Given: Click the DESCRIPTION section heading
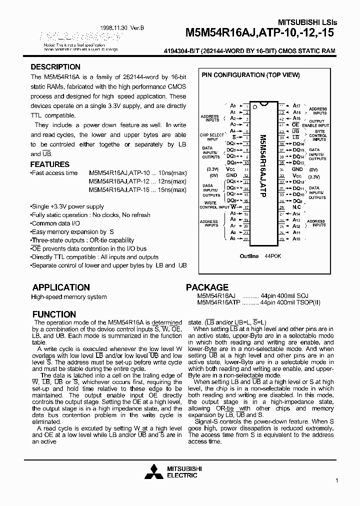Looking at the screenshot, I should (x=55, y=67).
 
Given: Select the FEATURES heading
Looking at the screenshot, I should (x=50, y=164).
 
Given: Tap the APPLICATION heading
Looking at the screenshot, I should (x=61, y=287).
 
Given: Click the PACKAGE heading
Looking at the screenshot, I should (x=207, y=287).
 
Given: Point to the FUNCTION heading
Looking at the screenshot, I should (x=54, y=314).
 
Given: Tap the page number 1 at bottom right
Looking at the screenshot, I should (x=337, y=480).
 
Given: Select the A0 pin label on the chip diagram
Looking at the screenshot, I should (x=232, y=106).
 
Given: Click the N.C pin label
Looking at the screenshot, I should (x=296, y=207).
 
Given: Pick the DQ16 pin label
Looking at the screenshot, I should (x=298, y=143).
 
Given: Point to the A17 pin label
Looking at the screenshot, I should (x=296, y=106).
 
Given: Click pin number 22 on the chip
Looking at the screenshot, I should (x=246, y=239).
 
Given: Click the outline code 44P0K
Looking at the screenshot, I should (x=273, y=256).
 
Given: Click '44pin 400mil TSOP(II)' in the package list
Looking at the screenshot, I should (x=290, y=302).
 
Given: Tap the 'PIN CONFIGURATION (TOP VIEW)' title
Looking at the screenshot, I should (x=250, y=75).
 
